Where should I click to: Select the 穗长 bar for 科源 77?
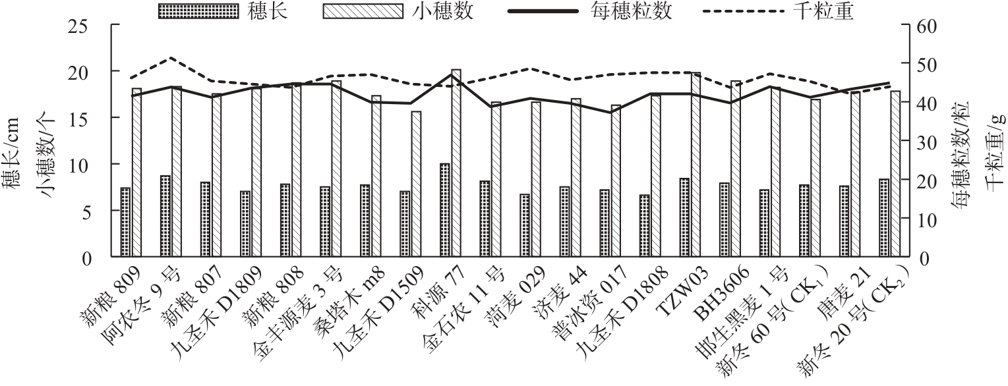(x=445, y=210)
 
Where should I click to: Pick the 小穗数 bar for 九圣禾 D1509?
(x=416, y=184)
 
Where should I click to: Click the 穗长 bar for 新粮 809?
(x=125, y=223)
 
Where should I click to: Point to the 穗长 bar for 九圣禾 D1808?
(x=645, y=226)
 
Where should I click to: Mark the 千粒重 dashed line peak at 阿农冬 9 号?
(x=171, y=58)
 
